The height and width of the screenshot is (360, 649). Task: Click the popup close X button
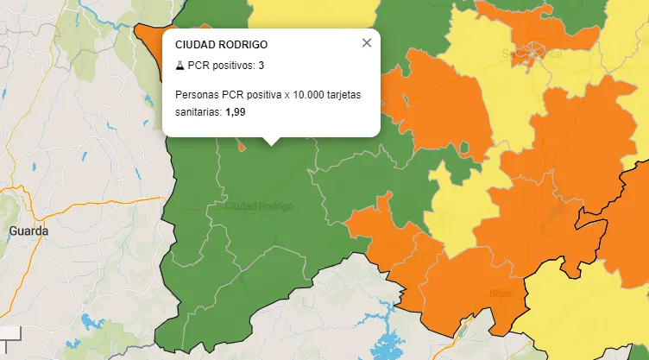pyautogui.click(x=367, y=42)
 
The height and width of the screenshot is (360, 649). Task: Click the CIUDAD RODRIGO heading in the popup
pyautogui.click(x=221, y=45)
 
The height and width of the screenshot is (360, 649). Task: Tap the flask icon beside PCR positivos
pyautogui.click(x=180, y=66)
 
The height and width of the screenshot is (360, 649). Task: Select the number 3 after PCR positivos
pyautogui.click(x=261, y=66)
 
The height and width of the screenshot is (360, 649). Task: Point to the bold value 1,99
pyautogui.click(x=235, y=111)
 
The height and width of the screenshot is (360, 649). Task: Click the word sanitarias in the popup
pyautogui.click(x=198, y=111)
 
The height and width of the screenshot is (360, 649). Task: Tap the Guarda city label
pyautogui.click(x=28, y=231)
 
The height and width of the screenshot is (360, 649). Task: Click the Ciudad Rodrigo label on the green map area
pyautogui.click(x=259, y=207)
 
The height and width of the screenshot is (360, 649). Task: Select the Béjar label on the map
pyautogui.click(x=500, y=293)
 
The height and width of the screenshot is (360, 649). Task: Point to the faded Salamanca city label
pyautogui.click(x=532, y=54)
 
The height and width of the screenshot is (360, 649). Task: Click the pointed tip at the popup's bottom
pyautogui.click(x=271, y=143)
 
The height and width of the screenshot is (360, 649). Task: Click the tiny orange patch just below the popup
pyautogui.click(x=243, y=145)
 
